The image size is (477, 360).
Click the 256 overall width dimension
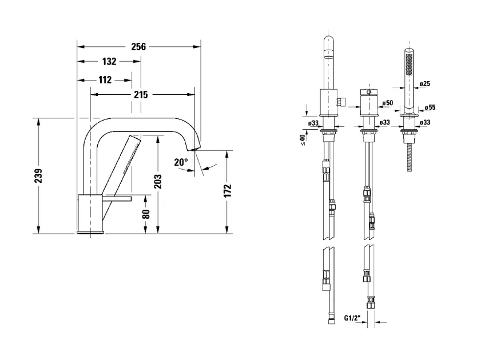(x=138, y=47)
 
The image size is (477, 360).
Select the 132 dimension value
(x=109, y=61)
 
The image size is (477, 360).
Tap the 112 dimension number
(x=105, y=80)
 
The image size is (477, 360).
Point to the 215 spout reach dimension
(x=141, y=94)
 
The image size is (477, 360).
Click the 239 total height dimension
(x=38, y=176)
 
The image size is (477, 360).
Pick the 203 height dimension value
(x=158, y=181)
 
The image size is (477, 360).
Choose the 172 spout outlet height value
(x=228, y=191)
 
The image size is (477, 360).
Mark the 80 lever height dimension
(x=146, y=214)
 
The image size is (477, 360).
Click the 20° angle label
(x=181, y=162)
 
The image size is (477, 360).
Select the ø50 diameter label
(x=388, y=103)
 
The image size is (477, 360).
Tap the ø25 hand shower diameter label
(x=425, y=83)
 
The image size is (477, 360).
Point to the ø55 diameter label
(x=430, y=107)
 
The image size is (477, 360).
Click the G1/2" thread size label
(x=352, y=318)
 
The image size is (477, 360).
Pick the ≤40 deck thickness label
(x=303, y=140)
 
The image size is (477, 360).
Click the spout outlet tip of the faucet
(x=194, y=149)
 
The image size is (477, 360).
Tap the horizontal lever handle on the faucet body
(x=117, y=198)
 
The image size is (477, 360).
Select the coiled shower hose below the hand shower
(x=410, y=158)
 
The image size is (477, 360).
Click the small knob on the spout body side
(x=341, y=102)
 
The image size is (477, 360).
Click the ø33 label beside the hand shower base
(x=425, y=122)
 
